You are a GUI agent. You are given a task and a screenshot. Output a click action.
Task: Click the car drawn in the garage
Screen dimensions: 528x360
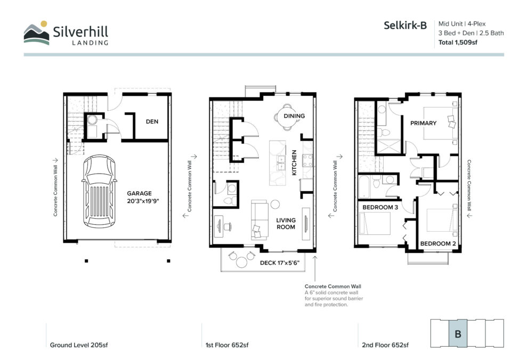coord(99,191)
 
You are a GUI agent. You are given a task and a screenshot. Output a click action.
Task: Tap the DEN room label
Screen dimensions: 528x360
coord(152,121)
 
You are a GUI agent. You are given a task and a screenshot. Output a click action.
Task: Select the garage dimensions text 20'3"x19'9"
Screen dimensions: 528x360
coord(143,201)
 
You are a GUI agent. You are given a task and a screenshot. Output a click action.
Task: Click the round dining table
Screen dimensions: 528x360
coord(286,117)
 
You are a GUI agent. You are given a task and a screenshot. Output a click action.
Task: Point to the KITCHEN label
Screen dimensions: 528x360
coord(294,162)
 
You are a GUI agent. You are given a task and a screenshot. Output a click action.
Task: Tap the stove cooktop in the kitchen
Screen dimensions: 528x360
coord(307,160)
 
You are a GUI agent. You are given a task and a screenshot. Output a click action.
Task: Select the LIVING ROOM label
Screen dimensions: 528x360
coord(286,223)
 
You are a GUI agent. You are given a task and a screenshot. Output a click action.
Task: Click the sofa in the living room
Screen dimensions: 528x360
coord(259,220)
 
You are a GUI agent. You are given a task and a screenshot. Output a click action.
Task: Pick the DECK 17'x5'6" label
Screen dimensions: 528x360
coord(280,263)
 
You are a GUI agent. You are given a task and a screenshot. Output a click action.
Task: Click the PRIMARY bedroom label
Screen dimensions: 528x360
coord(423,123)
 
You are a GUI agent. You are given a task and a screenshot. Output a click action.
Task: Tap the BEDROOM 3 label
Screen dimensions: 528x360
coord(380,207)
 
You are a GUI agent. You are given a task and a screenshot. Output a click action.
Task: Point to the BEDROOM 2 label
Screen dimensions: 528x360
coord(438,243)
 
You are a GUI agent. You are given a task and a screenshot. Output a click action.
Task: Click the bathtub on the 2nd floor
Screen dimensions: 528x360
coord(364,186)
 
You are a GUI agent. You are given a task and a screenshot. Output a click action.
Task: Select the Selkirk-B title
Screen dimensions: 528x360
coord(405,25)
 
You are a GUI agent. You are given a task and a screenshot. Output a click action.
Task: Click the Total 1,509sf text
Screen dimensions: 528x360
coord(458,43)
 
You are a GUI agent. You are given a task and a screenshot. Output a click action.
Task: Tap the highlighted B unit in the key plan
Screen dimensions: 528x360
coord(458,333)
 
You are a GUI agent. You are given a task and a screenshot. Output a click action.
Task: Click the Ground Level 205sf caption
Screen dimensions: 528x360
coord(79,345)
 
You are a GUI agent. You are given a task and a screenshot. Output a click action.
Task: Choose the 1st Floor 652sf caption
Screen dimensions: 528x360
coord(227,345)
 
